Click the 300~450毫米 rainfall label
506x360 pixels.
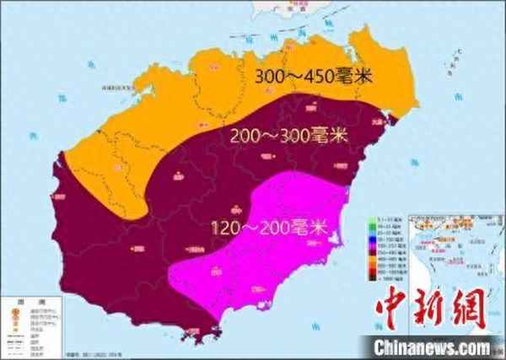pos(314,76)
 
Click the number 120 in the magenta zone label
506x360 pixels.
pos(226,228)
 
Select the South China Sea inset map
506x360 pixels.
pos(452,253)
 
